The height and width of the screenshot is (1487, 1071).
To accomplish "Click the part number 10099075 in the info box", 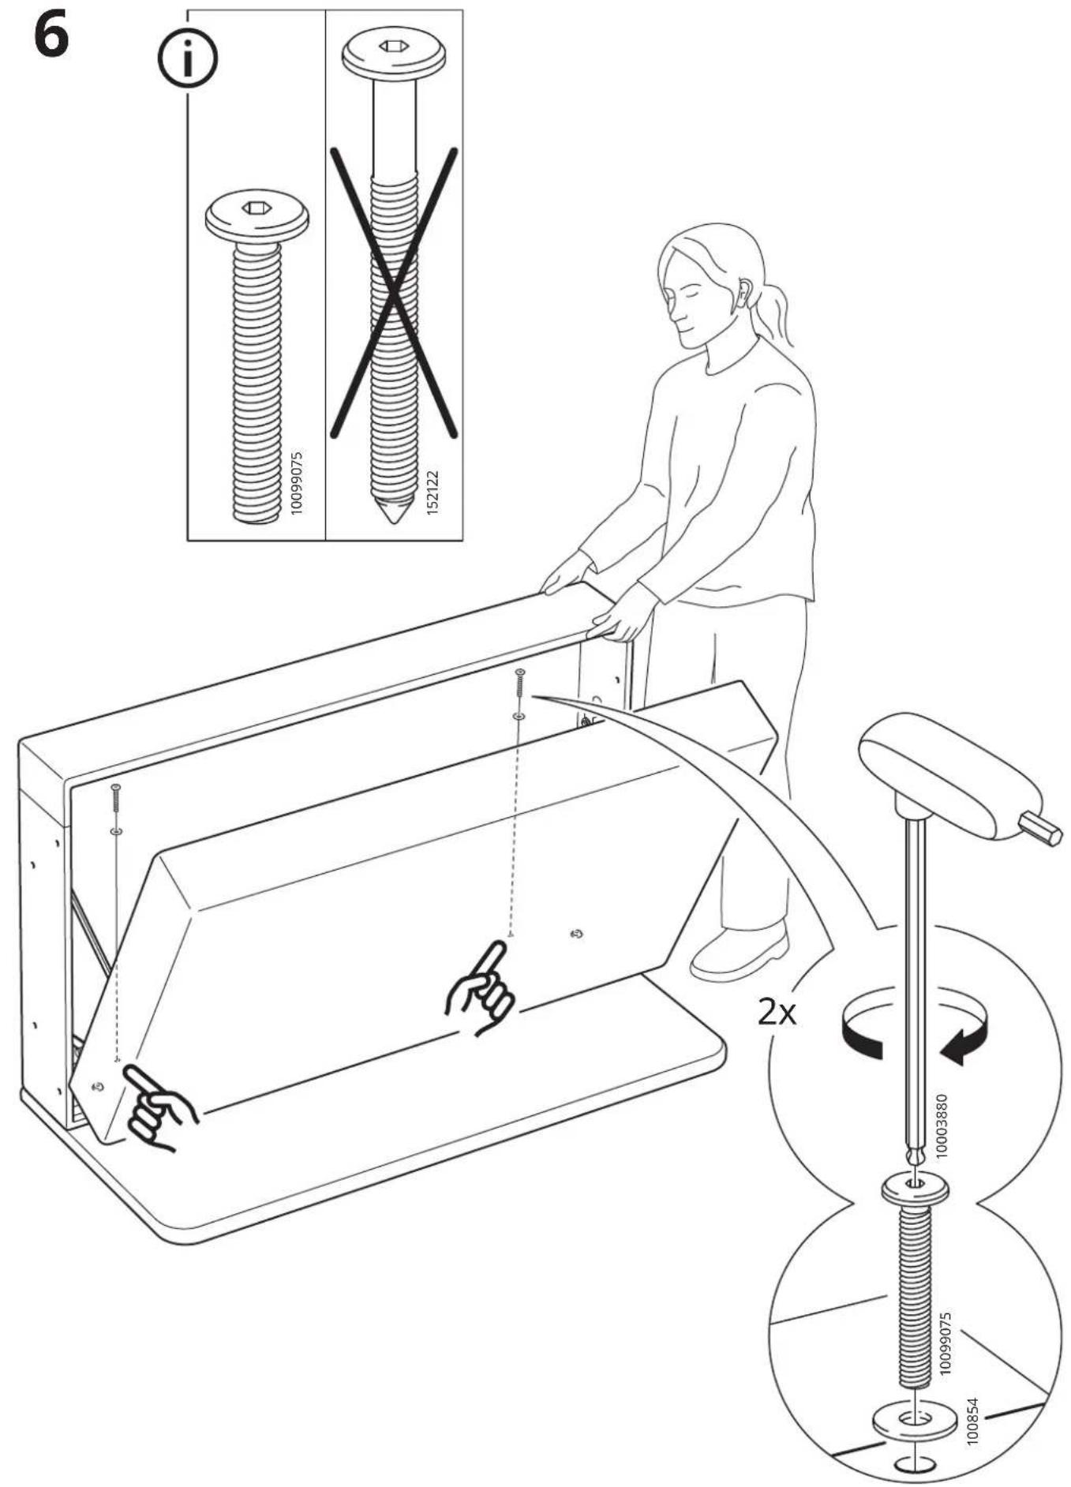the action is tap(296, 482).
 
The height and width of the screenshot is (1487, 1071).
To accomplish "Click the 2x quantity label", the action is tap(777, 1011).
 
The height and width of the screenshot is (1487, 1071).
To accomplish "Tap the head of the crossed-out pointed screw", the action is tap(394, 53).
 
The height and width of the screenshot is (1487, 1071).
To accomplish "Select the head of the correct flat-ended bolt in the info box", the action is tap(257, 217).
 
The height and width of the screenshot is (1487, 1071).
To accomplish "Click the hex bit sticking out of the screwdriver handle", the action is tap(1040, 830).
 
